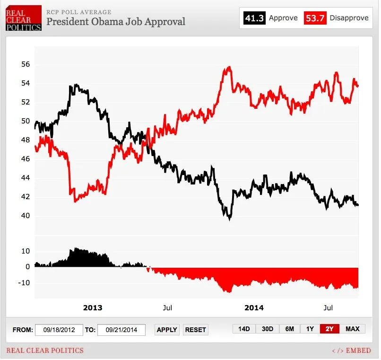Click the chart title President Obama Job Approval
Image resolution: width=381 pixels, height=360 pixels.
click(x=115, y=21)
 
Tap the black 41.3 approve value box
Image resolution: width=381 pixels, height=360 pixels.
click(x=254, y=18)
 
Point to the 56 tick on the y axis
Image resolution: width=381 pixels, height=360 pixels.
click(x=25, y=64)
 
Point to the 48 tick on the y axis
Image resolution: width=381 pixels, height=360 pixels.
click(x=25, y=140)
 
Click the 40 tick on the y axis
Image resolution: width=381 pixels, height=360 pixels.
click(x=25, y=216)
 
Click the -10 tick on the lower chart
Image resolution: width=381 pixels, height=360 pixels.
click(x=24, y=282)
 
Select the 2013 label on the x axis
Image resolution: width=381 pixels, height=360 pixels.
click(x=92, y=307)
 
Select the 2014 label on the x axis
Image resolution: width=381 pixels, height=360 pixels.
click(x=254, y=307)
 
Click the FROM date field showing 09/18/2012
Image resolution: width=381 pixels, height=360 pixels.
click(x=59, y=330)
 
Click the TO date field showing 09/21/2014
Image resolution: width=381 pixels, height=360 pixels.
click(x=121, y=330)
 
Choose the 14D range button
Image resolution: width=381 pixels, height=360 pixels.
click(x=244, y=329)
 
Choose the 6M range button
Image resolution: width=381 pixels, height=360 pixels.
click(x=289, y=329)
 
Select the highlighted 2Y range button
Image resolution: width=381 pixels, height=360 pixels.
click(x=329, y=329)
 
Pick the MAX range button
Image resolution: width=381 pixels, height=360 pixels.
click(x=352, y=329)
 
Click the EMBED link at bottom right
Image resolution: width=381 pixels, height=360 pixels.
click(x=352, y=351)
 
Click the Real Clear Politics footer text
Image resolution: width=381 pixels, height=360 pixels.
click(x=45, y=351)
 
